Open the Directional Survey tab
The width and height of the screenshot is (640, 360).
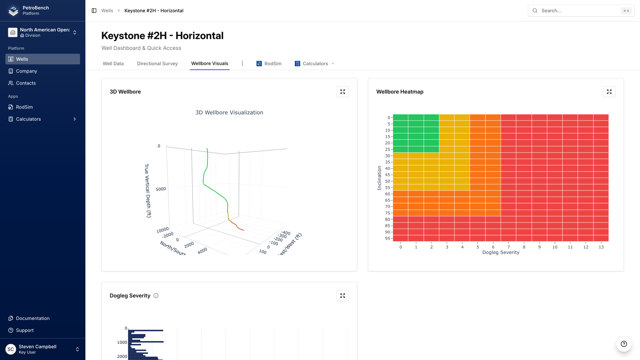[157, 64]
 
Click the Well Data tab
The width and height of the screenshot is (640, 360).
[113, 64]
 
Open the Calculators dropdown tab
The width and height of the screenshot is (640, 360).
[314, 64]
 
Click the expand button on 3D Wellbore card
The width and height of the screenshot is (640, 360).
[342, 92]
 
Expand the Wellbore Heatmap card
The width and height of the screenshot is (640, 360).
[609, 92]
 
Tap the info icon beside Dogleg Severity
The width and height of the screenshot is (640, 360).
[156, 296]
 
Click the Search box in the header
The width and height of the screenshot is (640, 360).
[581, 11]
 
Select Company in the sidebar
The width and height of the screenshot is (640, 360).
[26, 71]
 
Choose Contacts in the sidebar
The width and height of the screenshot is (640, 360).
[26, 83]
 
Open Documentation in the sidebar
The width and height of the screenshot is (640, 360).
[32, 318]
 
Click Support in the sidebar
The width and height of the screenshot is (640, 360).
[25, 330]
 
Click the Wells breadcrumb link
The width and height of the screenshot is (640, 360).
[107, 11]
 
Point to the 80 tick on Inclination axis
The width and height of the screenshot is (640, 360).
[387, 219]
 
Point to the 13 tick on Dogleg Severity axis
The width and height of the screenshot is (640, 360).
[601, 247]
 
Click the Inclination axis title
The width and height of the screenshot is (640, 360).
[379, 178]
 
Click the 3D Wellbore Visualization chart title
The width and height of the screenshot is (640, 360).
[229, 113]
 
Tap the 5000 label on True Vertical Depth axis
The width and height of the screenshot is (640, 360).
[161, 189]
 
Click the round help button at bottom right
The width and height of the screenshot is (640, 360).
[624, 344]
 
